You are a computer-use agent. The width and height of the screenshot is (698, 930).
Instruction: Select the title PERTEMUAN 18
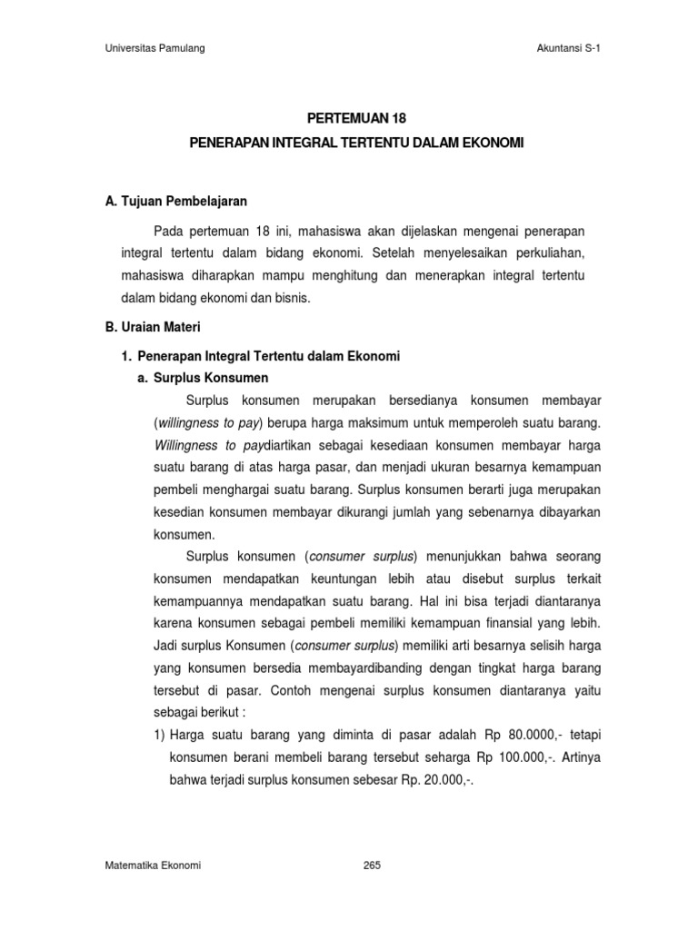pos(348,117)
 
